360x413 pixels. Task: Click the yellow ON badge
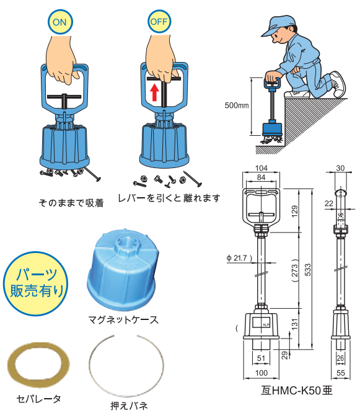59,22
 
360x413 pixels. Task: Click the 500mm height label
236,105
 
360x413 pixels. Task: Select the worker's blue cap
275,25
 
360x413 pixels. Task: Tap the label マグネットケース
123,320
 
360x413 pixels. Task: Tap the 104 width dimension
260,169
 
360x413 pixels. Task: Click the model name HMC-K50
297,391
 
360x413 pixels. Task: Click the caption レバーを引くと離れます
176,198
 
